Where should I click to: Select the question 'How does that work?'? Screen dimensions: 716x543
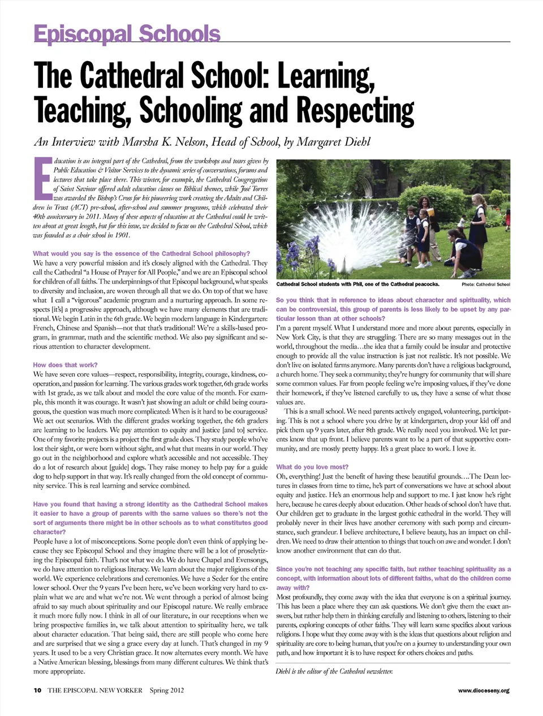coord(65,365)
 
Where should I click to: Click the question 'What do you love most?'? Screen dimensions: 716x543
coord(312,467)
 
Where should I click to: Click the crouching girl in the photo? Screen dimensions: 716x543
coord(466,252)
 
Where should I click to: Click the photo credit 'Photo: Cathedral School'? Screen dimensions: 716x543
coord(485,284)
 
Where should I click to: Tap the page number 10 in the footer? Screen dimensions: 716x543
coord(37,690)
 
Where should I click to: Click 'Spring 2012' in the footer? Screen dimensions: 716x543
coord(167,690)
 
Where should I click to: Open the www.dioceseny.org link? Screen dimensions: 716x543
coord(484,691)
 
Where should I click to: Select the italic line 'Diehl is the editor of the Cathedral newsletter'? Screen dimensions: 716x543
coord(334,671)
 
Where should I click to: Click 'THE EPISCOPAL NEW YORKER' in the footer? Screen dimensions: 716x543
coord(95,690)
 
